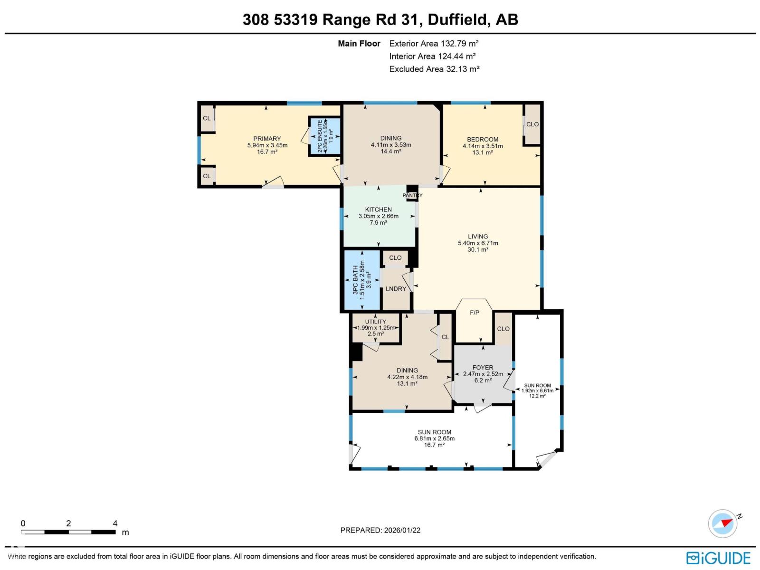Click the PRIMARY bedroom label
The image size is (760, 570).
tap(267, 139)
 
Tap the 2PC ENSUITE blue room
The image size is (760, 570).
tap(325, 136)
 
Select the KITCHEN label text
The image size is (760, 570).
tap(378, 209)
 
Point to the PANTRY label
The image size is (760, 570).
tap(412, 195)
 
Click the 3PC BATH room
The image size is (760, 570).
tap(362, 280)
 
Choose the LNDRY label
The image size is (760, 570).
tap(396, 289)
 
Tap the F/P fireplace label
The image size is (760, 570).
tap(474, 313)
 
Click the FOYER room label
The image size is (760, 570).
tap(483, 368)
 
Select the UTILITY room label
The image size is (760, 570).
tap(375, 322)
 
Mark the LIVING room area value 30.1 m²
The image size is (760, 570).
tap(478, 250)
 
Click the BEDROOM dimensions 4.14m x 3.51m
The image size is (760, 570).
tap(483, 146)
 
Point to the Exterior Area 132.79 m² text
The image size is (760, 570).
tap(434, 43)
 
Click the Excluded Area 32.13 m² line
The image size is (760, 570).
tap(434, 69)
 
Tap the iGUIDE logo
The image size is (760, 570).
tap(718, 558)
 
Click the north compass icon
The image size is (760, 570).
tap(723, 523)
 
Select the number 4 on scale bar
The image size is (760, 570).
tap(115, 523)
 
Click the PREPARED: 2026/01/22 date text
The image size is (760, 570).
tap(380, 530)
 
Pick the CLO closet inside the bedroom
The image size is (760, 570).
tap(532, 124)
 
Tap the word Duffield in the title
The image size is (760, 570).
tap(458, 19)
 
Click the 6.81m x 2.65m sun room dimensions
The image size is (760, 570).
tap(434, 438)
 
